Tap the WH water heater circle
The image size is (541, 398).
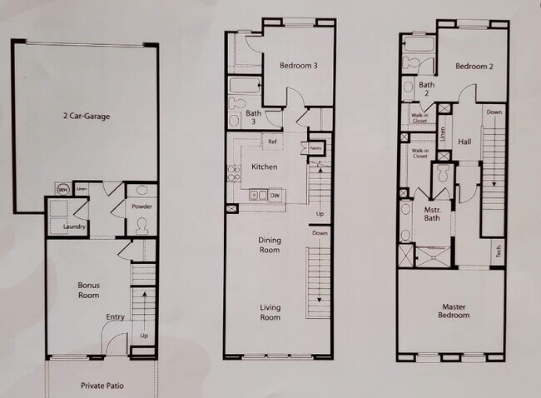point(62,188)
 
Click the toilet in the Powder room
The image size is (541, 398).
point(141,223)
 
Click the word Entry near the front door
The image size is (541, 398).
point(116,316)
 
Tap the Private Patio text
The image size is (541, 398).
point(102,386)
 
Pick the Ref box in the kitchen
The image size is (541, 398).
point(271,141)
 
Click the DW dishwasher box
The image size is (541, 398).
point(275,195)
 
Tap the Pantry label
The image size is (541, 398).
point(315,148)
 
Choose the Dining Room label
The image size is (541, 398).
point(270,244)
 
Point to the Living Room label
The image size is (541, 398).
point(270,312)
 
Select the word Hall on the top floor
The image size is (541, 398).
point(464,142)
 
